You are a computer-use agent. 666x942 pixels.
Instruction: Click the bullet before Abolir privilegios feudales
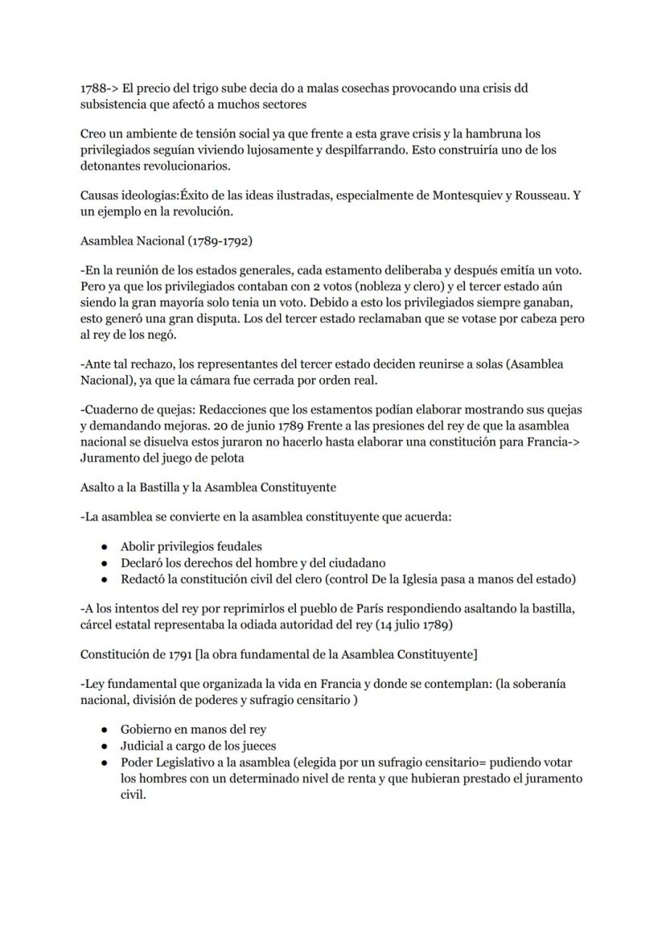(105, 546)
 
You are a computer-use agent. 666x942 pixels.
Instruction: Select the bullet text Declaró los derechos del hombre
(217, 562)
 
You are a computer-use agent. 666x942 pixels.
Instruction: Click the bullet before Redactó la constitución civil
(105, 579)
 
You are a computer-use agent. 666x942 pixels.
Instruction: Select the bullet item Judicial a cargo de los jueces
(198, 745)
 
